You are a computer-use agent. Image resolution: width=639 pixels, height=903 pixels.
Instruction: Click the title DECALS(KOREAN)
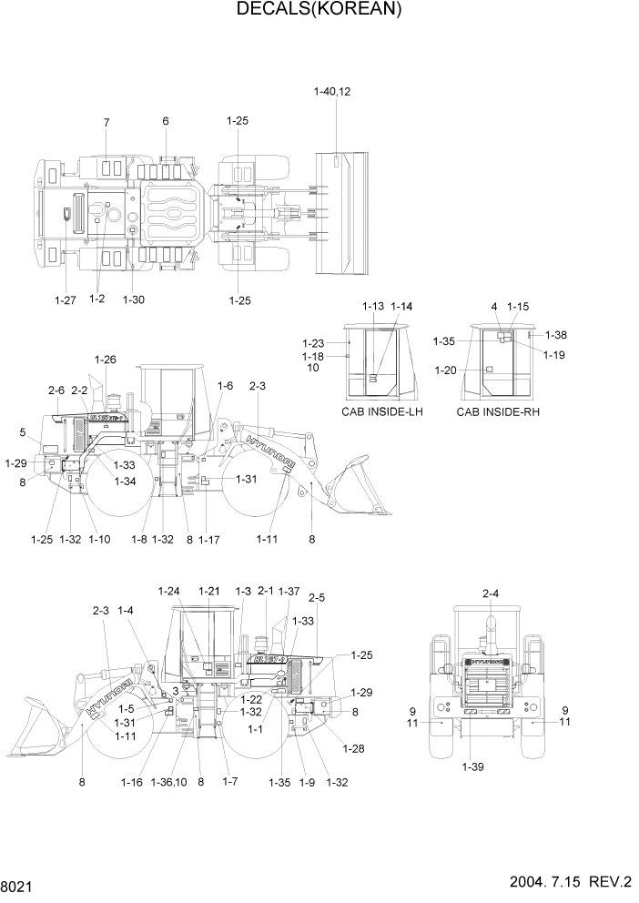pos(319,10)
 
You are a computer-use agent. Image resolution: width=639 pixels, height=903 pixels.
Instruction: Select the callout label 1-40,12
pos(332,92)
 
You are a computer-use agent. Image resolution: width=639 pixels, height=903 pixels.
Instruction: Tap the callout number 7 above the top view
pos(106,122)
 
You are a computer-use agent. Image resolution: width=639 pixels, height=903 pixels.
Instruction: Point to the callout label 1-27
pos(66,299)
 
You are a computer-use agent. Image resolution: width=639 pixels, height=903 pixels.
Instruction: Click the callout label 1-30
pos(133,299)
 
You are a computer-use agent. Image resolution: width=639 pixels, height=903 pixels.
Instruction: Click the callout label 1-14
pos(401,307)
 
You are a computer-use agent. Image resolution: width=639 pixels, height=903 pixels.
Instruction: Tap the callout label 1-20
pos(445,370)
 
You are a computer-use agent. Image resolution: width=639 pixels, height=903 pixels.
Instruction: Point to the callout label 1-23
pos(312,343)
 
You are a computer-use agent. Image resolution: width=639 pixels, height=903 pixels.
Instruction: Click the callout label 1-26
pos(105,360)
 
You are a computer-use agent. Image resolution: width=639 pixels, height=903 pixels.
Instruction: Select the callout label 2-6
pos(56,391)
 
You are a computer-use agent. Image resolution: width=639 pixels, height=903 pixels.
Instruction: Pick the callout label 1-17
pos(209,540)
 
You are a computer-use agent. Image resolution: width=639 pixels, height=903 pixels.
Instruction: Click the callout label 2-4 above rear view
pos(490,594)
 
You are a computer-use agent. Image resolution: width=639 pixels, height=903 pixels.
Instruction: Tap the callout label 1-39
pos(472,766)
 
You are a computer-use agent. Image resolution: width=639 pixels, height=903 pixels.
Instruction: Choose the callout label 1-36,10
pos(168,782)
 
